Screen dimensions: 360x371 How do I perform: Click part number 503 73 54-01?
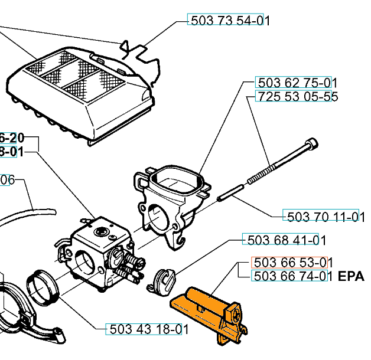click(x=229, y=20)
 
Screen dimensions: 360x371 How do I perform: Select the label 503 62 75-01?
click(x=296, y=83)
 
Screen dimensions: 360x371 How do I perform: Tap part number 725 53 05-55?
click(x=296, y=97)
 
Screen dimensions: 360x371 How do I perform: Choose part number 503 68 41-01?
click(x=284, y=240)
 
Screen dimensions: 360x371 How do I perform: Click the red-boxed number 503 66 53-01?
click(x=289, y=262)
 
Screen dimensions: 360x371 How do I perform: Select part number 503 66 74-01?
click(x=289, y=276)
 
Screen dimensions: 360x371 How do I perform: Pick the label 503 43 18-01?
click(x=147, y=329)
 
